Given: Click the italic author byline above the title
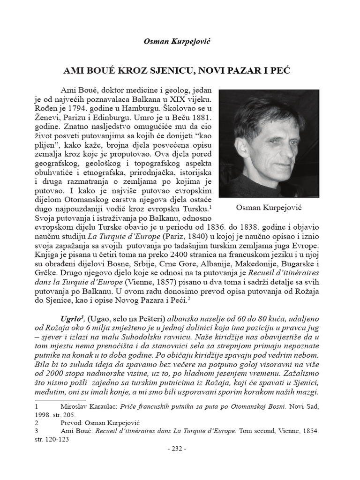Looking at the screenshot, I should (180, 42).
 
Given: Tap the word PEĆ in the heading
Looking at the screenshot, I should (280, 72).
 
